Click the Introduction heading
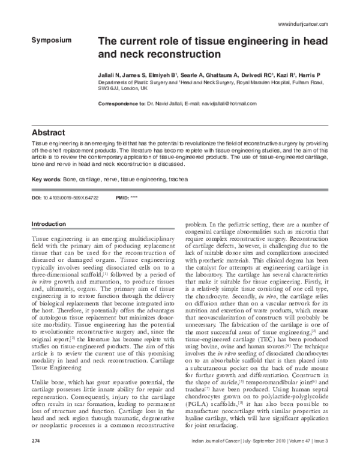pos(51,224)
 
